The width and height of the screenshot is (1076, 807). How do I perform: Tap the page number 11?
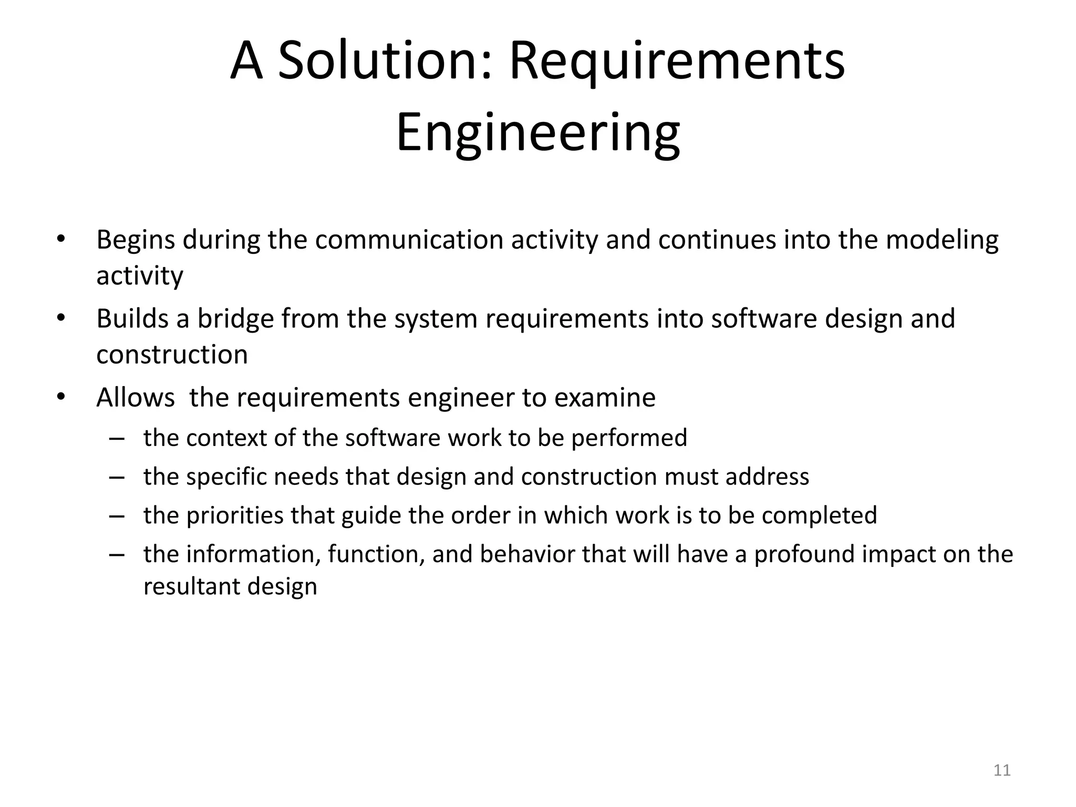(x=1002, y=770)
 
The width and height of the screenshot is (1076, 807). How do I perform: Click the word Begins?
(x=135, y=240)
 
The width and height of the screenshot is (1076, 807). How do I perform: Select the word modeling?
(x=942, y=240)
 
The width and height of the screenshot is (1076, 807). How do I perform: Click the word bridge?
(x=235, y=319)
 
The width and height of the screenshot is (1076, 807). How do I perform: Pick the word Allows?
(x=135, y=398)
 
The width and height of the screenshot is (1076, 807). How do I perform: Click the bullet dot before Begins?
(x=61, y=239)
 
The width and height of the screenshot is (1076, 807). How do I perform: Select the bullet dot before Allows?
(x=61, y=397)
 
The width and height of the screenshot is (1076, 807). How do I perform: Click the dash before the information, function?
(x=117, y=555)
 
